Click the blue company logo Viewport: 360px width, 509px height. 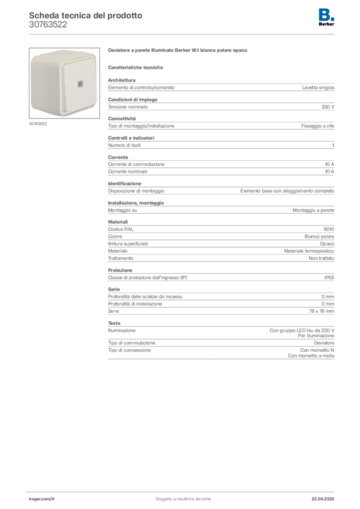(x=327, y=13)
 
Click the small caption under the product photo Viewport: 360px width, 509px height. (x=37, y=124)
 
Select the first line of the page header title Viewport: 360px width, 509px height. (x=85, y=15)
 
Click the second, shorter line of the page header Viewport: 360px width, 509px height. (x=47, y=28)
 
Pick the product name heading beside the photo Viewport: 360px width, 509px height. (x=178, y=51)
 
